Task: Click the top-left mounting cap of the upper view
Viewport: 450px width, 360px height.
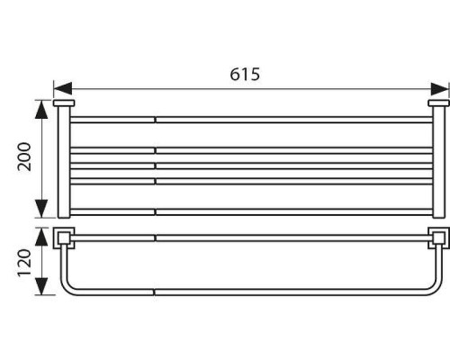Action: click(64, 104)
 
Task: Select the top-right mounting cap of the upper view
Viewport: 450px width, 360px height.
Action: click(438, 104)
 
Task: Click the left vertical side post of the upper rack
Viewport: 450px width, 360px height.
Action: click(64, 162)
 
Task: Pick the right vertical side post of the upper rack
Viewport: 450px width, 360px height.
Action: click(438, 162)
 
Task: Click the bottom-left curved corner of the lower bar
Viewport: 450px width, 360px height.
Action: click(68, 286)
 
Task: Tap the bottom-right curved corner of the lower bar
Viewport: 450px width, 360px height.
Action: click(434, 286)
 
